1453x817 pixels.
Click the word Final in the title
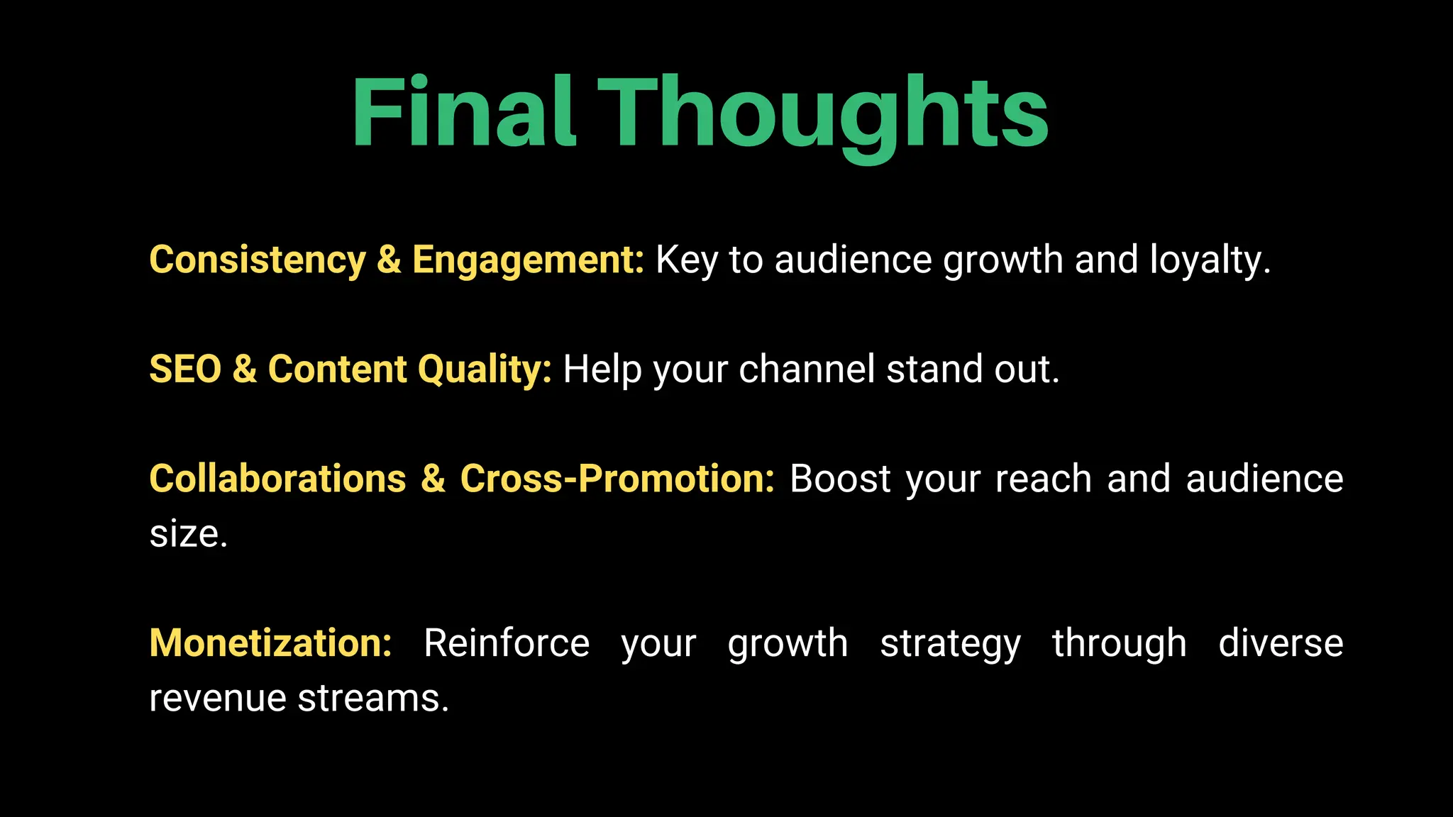(463, 112)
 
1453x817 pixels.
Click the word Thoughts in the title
(823, 113)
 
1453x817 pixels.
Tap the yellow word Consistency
(257, 260)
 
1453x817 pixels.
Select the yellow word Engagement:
(528, 260)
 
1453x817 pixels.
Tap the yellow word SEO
(185, 369)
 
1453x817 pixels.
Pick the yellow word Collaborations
(277, 479)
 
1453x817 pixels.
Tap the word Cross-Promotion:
(617, 479)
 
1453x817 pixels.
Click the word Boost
(840, 479)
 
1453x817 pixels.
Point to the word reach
(1043, 479)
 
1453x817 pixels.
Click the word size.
(188, 534)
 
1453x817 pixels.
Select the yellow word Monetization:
(270, 643)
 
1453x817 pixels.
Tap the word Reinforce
(506, 643)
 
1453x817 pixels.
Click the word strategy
(950, 643)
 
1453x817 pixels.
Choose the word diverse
(1281, 643)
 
